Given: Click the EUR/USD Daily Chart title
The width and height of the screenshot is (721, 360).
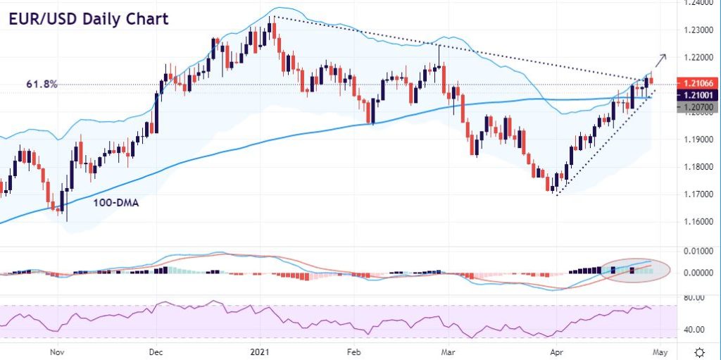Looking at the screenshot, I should pos(89,18).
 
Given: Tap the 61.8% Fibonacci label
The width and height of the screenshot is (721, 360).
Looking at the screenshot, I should pos(43,85).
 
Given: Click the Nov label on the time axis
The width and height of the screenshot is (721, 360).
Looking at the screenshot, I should pos(58,350).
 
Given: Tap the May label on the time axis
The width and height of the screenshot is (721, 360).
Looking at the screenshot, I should pos(658,350).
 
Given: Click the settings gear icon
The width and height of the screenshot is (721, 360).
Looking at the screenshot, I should pos(699,351).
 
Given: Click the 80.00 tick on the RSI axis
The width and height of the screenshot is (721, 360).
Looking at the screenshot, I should pos(695,298).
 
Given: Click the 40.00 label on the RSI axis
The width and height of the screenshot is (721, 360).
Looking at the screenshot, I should pos(695,329).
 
